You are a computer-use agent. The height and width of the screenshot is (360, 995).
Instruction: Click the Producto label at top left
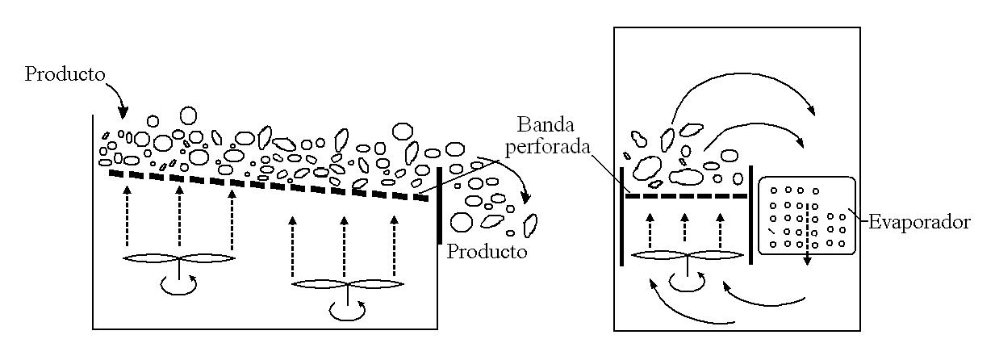pyautogui.click(x=65, y=75)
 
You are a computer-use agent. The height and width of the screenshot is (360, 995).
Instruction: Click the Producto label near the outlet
pyautogui.click(x=487, y=252)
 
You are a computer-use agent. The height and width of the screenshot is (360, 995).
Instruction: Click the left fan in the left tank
pyautogui.click(x=178, y=258)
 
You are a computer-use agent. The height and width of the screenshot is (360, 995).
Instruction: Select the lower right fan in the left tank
pyautogui.click(x=346, y=284)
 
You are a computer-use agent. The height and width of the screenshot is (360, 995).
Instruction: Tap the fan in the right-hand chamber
pyautogui.click(x=687, y=255)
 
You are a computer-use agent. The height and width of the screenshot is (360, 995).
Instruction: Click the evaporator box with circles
pyautogui.click(x=805, y=216)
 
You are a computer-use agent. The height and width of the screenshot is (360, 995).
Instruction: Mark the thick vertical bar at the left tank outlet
pyautogui.click(x=439, y=205)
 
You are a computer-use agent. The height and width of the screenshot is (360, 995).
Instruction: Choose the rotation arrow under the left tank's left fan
pyautogui.click(x=177, y=284)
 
